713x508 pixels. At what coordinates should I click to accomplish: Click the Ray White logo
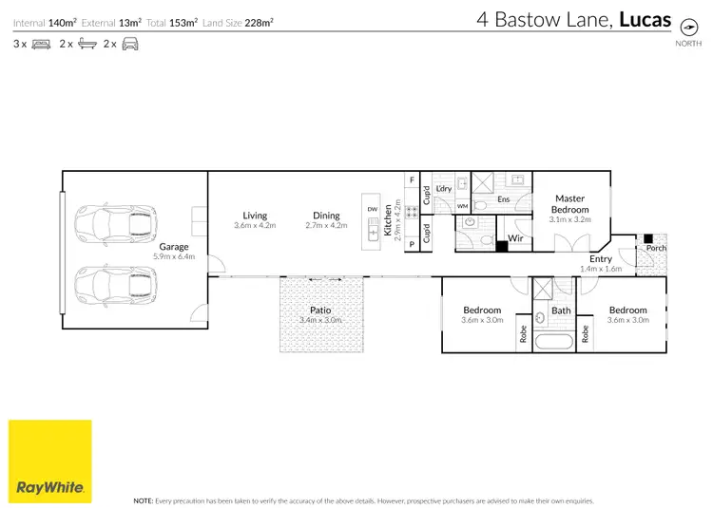click(50, 461)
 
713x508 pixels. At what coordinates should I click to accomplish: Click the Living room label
click(255, 216)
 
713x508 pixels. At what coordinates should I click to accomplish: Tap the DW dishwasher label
click(371, 209)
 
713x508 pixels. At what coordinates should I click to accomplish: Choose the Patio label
click(320, 310)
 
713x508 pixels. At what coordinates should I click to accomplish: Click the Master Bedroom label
click(569, 204)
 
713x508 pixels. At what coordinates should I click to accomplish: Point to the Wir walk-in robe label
click(516, 237)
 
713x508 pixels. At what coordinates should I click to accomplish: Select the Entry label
click(601, 258)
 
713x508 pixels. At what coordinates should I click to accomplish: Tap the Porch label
click(656, 249)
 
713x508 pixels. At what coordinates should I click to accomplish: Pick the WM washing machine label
click(463, 205)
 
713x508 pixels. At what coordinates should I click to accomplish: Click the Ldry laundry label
click(444, 189)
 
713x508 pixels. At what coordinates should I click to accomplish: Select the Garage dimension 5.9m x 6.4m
click(174, 256)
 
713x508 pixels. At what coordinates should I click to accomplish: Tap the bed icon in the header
click(41, 44)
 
